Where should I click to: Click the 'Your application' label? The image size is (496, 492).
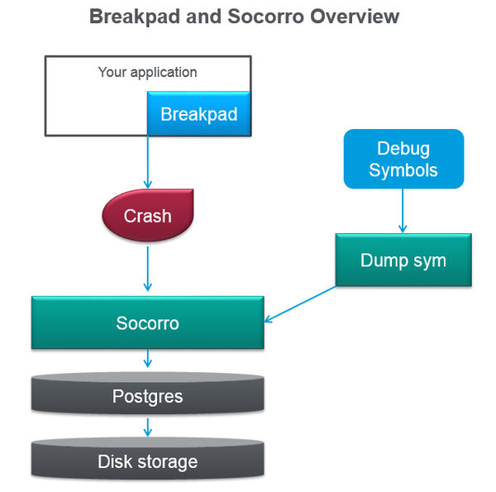pyautogui.click(x=147, y=72)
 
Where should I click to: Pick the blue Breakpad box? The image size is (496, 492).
pyautogui.click(x=198, y=114)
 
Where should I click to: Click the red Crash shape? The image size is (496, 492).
pyautogui.click(x=147, y=216)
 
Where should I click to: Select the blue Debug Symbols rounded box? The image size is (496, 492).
pyautogui.click(x=403, y=160)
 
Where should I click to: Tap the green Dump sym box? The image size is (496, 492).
pyautogui.click(x=403, y=260)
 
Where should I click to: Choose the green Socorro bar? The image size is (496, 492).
pyautogui.click(x=147, y=322)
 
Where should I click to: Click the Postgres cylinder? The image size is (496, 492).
pyautogui.click(x=147, y=396)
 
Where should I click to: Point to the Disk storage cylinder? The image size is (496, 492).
pyautogui.click(x=147, y=461)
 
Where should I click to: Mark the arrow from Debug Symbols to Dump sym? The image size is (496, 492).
pyautogui.click(x=403, y=210)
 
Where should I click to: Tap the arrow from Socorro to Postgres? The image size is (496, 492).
pyautogui.click(x=148, y=359)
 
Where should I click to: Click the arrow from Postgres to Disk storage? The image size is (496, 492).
pyautogui.click(x=148, y=427)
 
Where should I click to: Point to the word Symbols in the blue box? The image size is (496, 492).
pyautogui.click(x=403, y=170)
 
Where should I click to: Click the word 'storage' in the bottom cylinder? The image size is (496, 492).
pyautogui.click(x=169, y=461)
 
